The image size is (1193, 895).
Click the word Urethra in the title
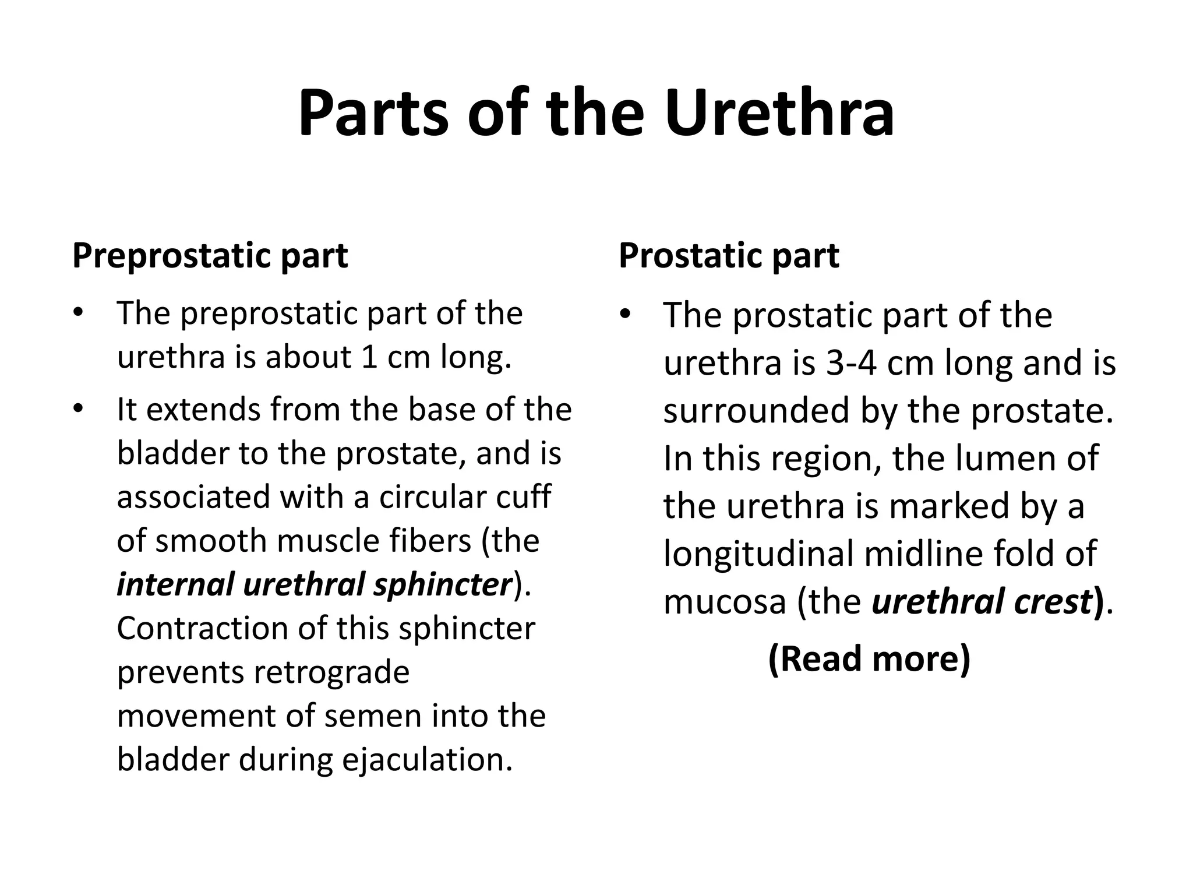coord(779,114)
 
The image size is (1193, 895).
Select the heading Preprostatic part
coord(210,256)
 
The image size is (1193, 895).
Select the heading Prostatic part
coord(729,256)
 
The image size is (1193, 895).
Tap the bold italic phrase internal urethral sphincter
coord(315,585)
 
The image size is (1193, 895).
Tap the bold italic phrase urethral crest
coord(982,602)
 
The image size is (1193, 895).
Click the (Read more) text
coord(869,658)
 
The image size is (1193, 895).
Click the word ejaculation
coord(427,760)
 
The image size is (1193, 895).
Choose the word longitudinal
coord(758,554)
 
